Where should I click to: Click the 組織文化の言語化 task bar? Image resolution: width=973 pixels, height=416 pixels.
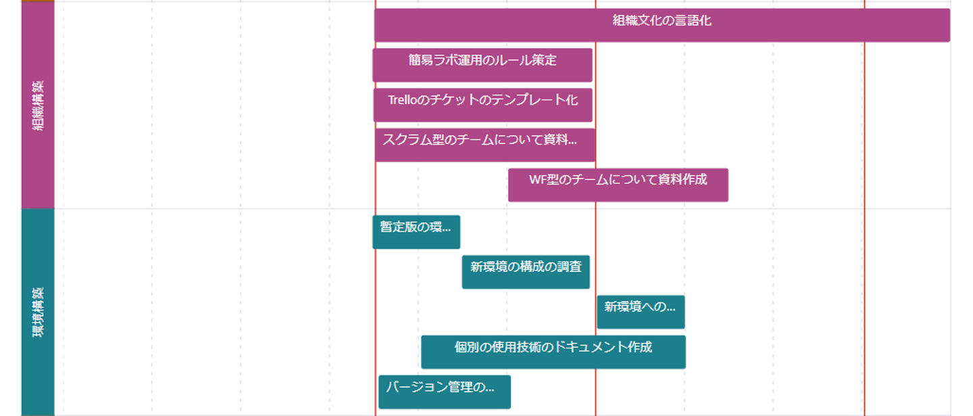(x=662, y=25)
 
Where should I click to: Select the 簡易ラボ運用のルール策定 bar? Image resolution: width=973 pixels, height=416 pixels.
(x=482, y=65)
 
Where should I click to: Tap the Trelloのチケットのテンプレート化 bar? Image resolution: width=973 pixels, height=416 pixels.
(x=482, y=105)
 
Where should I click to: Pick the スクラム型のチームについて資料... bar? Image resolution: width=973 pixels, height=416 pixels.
(x=484, y=145)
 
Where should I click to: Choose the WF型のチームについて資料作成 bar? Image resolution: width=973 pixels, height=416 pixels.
(x=618, y=185)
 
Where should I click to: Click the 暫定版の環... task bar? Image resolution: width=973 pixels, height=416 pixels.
(x=416, y=232)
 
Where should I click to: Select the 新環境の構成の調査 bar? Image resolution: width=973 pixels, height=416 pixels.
(x=526, y=272)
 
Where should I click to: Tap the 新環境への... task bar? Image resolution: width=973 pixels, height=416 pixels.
(x=641, y=312)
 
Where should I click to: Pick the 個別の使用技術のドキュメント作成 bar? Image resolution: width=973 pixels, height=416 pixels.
(x=553, y=352)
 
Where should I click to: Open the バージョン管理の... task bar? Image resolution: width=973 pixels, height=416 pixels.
(x=444, y=392)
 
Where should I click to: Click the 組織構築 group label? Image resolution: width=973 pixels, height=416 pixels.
(x=38, y=106)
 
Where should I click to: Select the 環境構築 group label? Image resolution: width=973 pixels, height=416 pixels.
(x=38, y=312)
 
